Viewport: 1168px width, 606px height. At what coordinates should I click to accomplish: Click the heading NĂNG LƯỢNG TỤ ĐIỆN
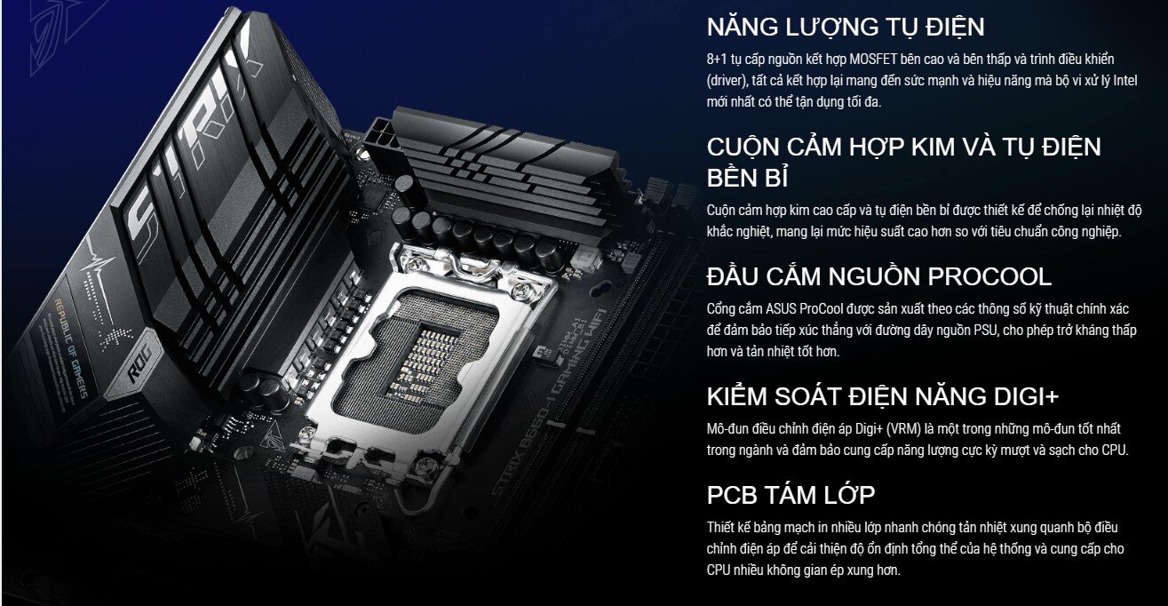tap(845, 27)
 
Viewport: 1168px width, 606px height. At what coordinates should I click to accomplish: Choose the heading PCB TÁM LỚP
tap(791, 495)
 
